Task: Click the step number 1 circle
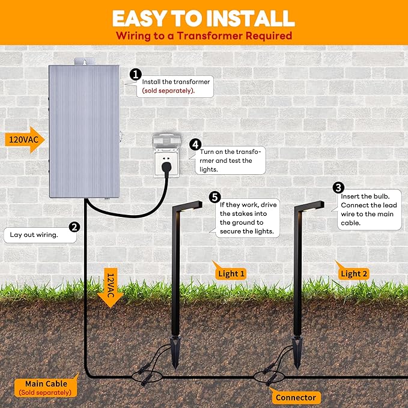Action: pos(136,75)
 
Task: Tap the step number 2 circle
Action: pos(75,227)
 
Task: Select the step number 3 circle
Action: pos(338,189)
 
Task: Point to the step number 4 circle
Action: pos(195,145)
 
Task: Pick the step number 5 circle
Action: pos(215,197)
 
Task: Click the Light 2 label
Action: pos(354,273)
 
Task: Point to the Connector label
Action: pos(296,397)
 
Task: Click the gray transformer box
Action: pos(84,130)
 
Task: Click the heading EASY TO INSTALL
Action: pos(203,17)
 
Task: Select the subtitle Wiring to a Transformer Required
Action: pos(204,35)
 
